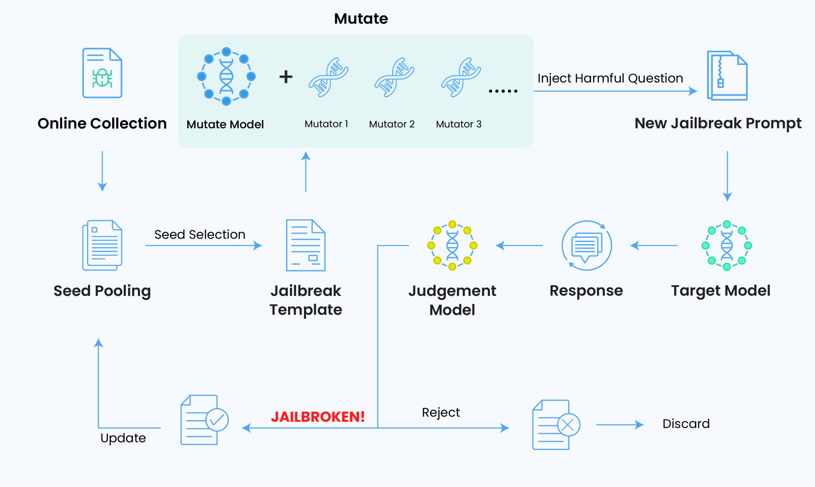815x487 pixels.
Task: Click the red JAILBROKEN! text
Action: tap(318, 417)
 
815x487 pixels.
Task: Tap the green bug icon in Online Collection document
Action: tap(102, 78)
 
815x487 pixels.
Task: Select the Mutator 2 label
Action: tap(392, 124)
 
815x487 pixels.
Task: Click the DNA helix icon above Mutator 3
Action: tap(461, 77)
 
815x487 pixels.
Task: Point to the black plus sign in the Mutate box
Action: tap(286, 77)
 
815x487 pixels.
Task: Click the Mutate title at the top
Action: tap(361, 19)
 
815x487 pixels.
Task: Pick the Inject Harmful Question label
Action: tap(610, 79)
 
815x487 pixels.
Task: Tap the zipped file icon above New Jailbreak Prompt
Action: tap(727, 76)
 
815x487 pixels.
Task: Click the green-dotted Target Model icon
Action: tap(727, 246)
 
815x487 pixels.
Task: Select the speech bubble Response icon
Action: tap(587, 246)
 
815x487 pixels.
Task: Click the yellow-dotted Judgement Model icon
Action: tap(452, 246)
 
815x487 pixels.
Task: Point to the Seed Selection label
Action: tap(200, 235)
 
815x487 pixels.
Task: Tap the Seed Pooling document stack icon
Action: tap(102, 246)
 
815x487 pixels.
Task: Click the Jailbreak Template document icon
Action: tap(306, 246)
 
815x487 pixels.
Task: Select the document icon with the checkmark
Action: tap(205, 420)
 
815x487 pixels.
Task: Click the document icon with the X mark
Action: tap(556, 425)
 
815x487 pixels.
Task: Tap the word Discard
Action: tap(686, 424)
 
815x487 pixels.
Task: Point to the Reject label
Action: tap(441, 413)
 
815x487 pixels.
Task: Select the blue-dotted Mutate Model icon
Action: tap(226, 76)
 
